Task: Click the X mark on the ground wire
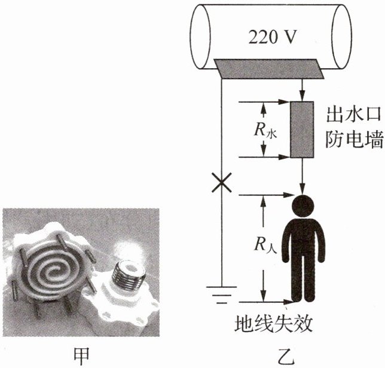point(222,185)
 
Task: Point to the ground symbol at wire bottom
point(221,294)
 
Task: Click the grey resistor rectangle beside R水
point(302,130)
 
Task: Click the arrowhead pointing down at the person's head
point(302,189)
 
